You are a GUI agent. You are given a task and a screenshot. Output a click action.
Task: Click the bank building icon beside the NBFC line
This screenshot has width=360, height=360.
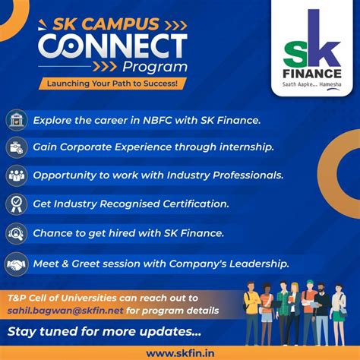tap(17, 120)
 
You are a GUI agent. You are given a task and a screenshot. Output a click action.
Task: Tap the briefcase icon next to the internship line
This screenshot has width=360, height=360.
tap(17, 147)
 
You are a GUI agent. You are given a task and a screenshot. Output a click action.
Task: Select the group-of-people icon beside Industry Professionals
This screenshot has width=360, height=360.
tap(17, 175)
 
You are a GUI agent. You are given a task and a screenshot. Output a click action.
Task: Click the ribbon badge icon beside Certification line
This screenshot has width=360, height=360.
tap(17, 204)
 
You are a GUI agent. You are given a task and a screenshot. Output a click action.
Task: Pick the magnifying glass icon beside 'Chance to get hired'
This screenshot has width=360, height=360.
tap(17, 233)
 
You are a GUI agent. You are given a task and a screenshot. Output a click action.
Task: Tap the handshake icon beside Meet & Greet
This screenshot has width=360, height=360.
tap(17, 264)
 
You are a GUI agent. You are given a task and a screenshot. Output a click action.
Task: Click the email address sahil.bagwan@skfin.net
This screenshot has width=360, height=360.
tap(65, 311)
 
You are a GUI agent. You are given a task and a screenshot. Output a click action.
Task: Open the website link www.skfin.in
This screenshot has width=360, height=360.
tap(180, 353)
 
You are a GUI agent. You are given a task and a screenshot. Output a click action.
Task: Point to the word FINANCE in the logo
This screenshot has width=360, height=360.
tap(312, 74)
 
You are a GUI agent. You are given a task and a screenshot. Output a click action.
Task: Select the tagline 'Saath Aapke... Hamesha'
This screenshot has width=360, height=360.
tap(311, 84)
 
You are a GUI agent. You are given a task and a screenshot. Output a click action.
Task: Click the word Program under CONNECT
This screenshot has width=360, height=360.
tap(155, 68)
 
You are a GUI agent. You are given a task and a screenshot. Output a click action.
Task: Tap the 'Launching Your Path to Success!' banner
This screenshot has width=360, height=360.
tap(112, 84)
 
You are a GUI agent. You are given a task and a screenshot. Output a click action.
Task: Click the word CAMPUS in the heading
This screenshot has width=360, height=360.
tap(120, 24)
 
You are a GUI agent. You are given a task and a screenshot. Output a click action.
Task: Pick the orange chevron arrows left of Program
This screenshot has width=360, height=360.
tap(105, 66)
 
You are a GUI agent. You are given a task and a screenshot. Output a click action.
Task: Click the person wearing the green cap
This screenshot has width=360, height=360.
tap(309, 312)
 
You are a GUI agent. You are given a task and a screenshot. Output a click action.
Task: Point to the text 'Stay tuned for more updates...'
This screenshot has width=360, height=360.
tap(104, 332)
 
